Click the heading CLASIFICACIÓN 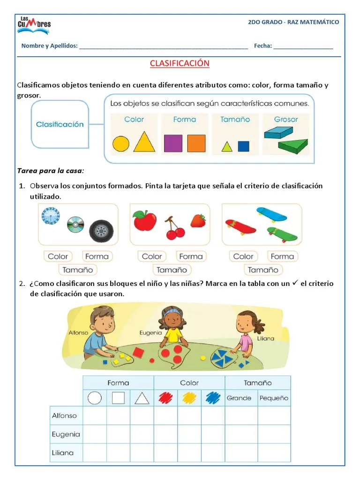pyautogui.click(x=180, y=63)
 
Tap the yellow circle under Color pyautogui.click(x=121, y=143)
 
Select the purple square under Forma pyautogui.click(x=173, y=143)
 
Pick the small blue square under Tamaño pyautogui.click(x=243, y=146)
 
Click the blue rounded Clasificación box pyautogui.click(x=60, y=125)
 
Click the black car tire pyautogui.click(x=101, y=230)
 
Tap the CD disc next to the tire pyautogui.click(x=75, y=225)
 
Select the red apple pyautogui.click(x=145, y=221)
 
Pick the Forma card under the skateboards pyautogui.click(x=282, y=256)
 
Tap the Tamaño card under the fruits pyautogui.click(x=172, y=270)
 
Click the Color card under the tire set pyautogui.click(x=58, y=256)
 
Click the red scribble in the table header pyautogui.click(x=165, y=398)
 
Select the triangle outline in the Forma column pyautogui.click(x=142, y=398)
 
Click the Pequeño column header pyautogui.click(x=274, y=398)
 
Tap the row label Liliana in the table pyautogui.click(x=62, y=453)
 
